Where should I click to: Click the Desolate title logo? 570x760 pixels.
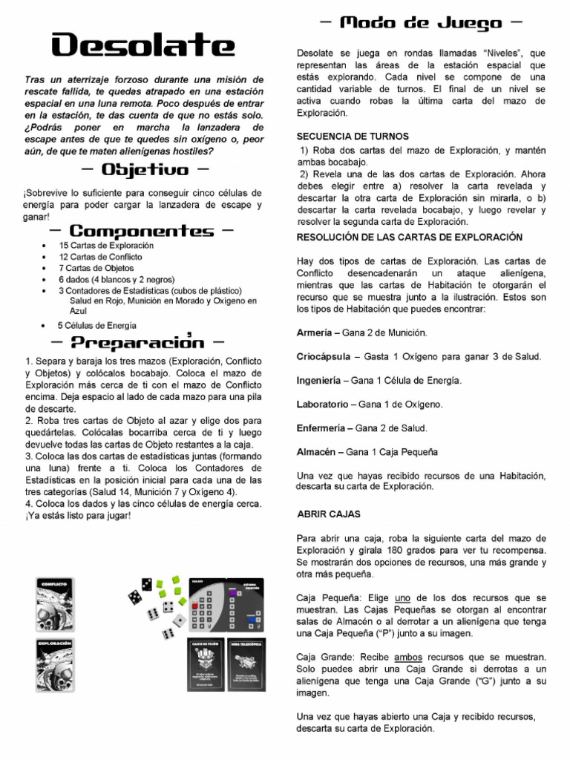click(142, 46)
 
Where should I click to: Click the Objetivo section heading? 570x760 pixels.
click(144, 170)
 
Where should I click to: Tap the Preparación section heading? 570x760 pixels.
click(137, 342)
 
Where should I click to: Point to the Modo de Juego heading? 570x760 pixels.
click(420, 23)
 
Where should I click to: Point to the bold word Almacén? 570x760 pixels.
click(317, 451)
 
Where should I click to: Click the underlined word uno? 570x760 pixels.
click(403, 597)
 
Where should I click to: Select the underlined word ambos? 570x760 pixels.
click(408, 658)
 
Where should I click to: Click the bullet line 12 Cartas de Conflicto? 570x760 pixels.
click(100, 257)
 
